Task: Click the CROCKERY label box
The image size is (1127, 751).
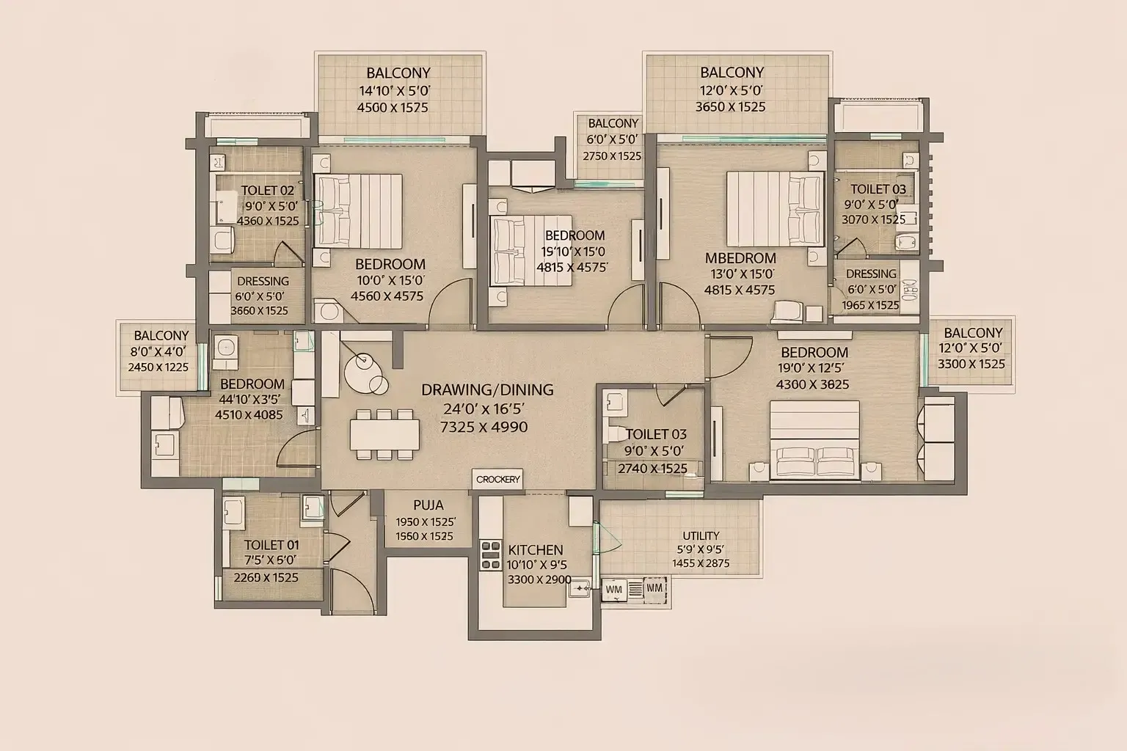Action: [x=497, y=480]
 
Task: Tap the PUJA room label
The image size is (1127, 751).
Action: [x=428, y=505]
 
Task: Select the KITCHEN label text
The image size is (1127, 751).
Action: [x=536, y=550]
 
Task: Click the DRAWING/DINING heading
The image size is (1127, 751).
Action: [x=487, y=390]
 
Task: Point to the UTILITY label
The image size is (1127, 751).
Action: [x=701, y=535]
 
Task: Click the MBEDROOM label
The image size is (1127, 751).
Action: [x=740, y=258]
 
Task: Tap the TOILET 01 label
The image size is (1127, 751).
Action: [x=271, y=545]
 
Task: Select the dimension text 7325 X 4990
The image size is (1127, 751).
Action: [x=484, y=427]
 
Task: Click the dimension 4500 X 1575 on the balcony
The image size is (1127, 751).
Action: [x=393, y=107]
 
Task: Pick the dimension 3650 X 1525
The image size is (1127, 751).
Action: [x=731, y=106]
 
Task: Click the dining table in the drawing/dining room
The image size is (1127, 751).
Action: [x=385, y=435]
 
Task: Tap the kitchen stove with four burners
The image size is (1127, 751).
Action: [x=490, y=555]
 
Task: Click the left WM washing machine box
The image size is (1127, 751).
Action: [x=613, y=589]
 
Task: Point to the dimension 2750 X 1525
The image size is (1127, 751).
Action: [x=612, y=156]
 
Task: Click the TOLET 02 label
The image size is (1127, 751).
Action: [x=267, y=191]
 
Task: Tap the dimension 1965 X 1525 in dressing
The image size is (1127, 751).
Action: [x=870, y=305]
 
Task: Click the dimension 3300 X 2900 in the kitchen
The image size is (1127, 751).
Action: [x=539, y=579]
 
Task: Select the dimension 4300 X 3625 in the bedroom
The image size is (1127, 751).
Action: [x=812, y=384]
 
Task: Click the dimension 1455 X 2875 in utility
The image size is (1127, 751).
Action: [x=701, y=563]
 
